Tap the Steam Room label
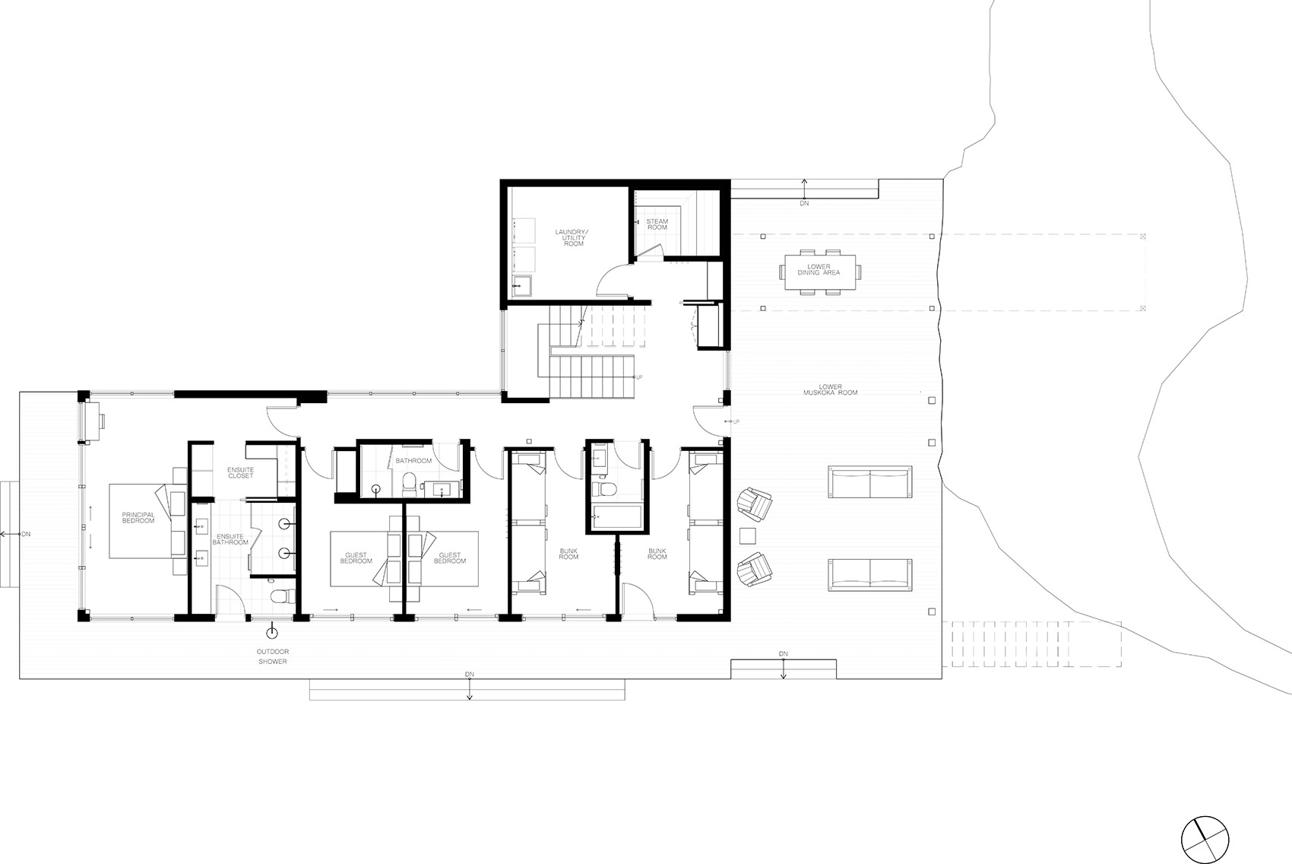(x=657, y=224)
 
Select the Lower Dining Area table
(x=819, y=272)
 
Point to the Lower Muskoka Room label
(x=830, y=389)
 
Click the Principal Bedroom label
(x=138, y=518)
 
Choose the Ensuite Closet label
(x=240, y=472)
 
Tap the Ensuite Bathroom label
(x=230, y=539)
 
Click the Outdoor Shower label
(x=273, y=656)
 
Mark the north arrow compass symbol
(x=1205, y=840)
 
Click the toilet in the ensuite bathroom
(x=282, y=596)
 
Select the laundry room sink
(x=522, y=286)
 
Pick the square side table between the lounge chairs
(x=748, y=535)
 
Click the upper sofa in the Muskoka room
(x=869, y=482)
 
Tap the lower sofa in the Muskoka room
(x=869, y=575)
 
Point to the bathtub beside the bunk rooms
(x=616, y=517)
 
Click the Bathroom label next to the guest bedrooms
(x=413, y=461)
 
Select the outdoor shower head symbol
(x=271, y=633)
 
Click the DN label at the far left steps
(x=26, y=535)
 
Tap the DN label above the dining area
(x=804, y=203)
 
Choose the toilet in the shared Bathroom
(x=409, y=484)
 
